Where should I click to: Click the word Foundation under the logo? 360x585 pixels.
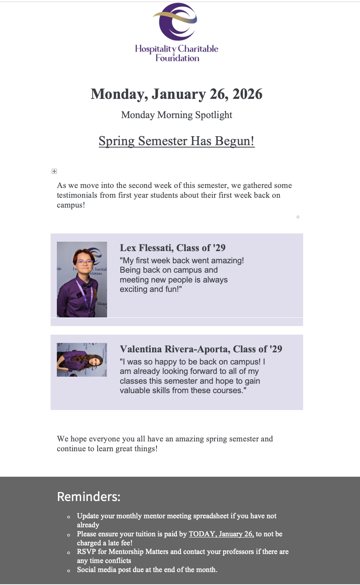pyautogui.click(x=177, y=58)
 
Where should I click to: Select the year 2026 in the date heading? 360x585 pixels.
pyautogui.click(x=247, y=94)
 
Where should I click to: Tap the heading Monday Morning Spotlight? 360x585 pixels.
pyautogui.click(x=176, y=115)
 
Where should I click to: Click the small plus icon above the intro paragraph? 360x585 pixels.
pyautogui.click(x=54, y=171)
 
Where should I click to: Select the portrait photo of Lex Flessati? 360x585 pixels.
pyautogui.click(x=82, y=279)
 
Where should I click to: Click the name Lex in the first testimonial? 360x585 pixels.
pyautogui.click(x=128, y=248)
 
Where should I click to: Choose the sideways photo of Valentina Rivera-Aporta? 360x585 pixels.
pyautogui.click(x=82, y=360)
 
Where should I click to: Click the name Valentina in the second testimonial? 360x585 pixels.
pyautogui.click(x=140, y=349)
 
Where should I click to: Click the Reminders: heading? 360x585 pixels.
pyautogui.click(x=89, y=497)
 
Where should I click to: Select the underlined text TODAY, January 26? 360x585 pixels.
pyautogui.click(x=221, y=534)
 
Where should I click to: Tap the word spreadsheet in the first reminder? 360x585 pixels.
pyautogui.click(x=212, y=516)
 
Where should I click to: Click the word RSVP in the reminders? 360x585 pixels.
pyautogui.click(x=86, y=552)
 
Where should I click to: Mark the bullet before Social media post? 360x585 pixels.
pyautogui.click(x=69, y=570)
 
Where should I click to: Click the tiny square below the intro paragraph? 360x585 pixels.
pyautogui.click(x=298, y=217)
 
